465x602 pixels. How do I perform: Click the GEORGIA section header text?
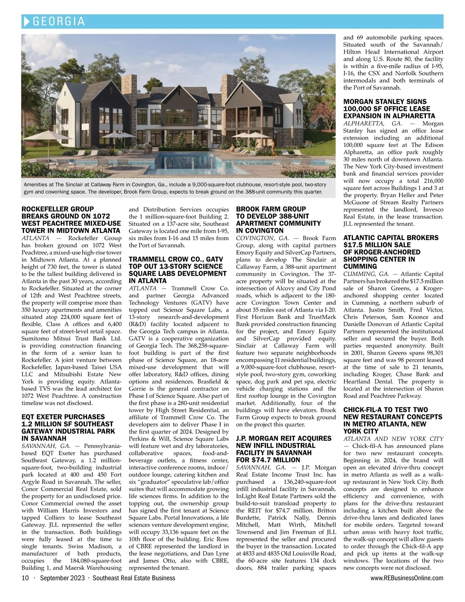coord(59,21)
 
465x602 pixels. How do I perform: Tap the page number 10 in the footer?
coord(25,578)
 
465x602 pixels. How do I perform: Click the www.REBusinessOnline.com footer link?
coord(407,578)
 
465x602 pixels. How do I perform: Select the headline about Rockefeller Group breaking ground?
coord(71,220)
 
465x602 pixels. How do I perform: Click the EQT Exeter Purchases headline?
coord(68,427)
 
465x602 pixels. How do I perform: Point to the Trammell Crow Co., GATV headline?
coord(177,270)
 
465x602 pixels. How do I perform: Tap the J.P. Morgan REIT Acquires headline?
coord(284,449)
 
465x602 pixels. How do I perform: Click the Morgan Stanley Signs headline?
coord(389,108)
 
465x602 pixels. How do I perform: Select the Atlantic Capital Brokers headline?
coord(391,252)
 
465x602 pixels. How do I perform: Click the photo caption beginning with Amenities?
coord(175,188)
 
